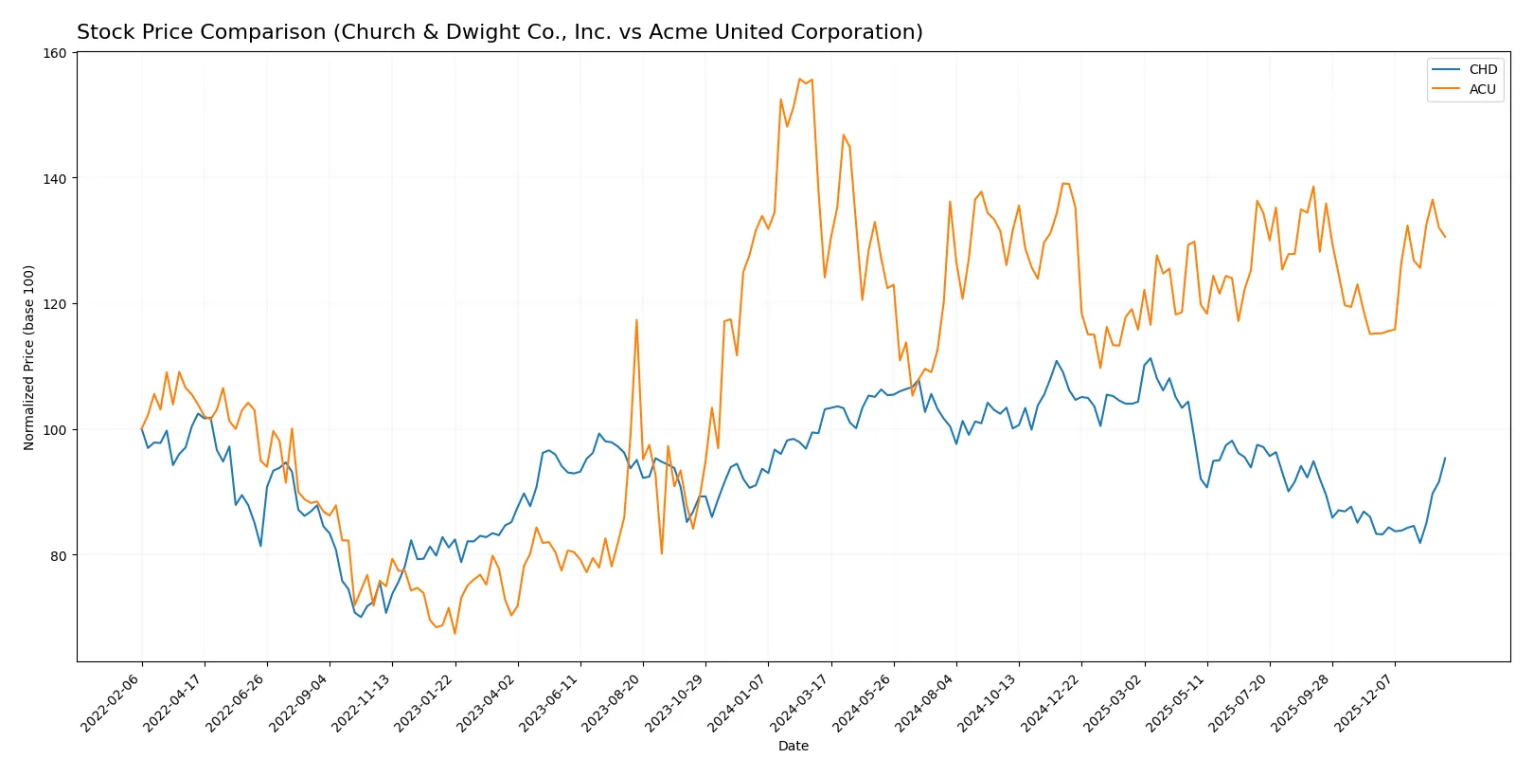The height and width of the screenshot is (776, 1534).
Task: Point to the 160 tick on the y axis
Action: [55, 53]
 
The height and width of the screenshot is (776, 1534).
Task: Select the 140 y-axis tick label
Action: [55, 178]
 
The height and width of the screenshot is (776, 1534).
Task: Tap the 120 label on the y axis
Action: [55, 304]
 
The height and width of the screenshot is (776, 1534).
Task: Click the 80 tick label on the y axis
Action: [58, 555]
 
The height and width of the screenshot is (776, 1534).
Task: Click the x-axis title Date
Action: [793, 747]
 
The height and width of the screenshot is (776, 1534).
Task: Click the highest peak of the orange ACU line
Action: [800, 79]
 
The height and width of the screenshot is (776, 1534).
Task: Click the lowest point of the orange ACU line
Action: [455, 633]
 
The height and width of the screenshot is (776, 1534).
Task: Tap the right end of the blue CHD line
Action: [1445, 459]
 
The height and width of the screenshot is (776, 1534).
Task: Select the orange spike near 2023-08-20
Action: [636, 320]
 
